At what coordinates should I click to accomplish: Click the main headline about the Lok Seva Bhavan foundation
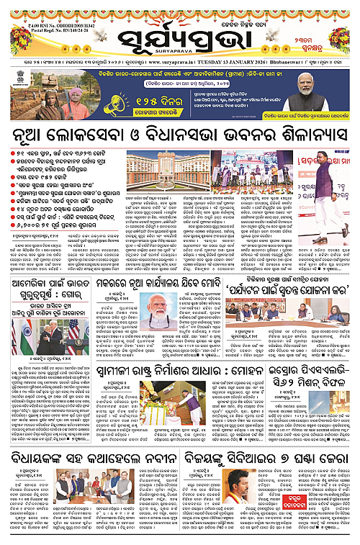click(x=180, y=135)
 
